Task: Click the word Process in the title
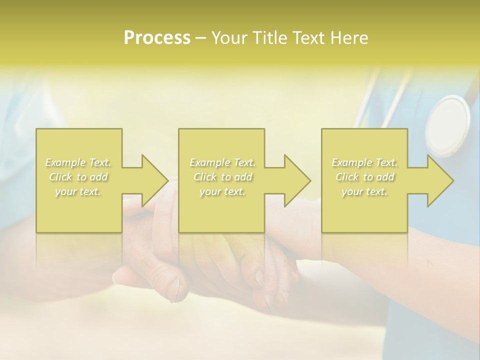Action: point(157,38)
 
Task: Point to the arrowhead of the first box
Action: point(154,180)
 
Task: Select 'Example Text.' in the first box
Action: point(78,162)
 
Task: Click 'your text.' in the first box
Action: point(78,191)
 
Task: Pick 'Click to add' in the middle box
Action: point(222,177)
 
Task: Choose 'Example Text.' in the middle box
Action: point(222,162)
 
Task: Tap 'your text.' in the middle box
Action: point(222,191)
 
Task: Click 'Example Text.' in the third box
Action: point(364,162)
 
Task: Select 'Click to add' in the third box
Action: point(364,177)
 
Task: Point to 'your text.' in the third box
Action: point(364,191)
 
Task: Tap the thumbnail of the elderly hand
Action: point(175,289)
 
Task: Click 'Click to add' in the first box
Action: point(78,177)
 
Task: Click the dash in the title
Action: point(201,38)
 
